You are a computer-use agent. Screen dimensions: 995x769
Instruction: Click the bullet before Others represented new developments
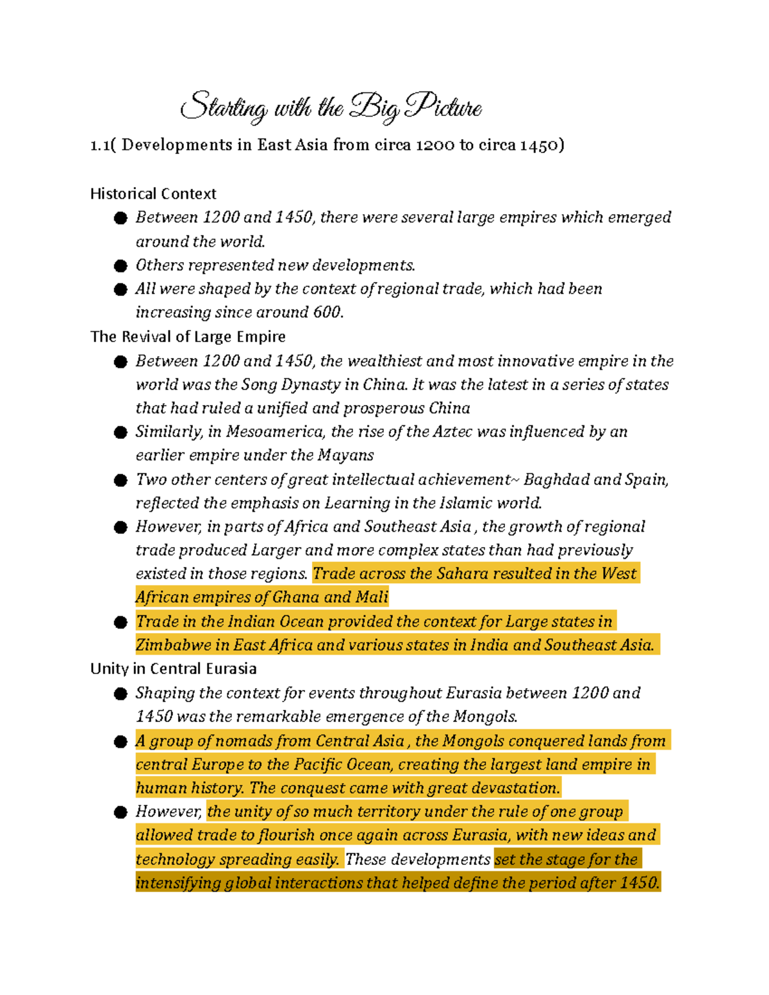120,266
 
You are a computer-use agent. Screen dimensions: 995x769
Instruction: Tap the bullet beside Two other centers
120,481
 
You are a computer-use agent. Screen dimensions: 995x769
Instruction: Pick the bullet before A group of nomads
120,742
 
